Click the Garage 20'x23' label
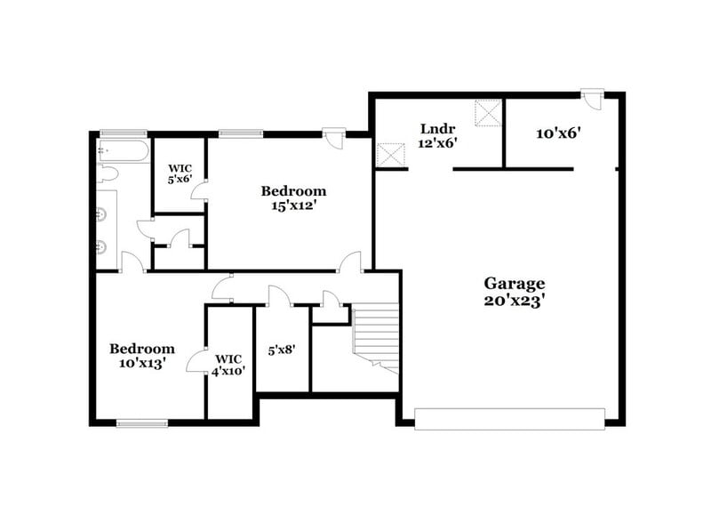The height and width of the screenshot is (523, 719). point(514,292)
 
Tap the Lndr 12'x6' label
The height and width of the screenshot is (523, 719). point(438,135)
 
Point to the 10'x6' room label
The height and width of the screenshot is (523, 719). point(558,133)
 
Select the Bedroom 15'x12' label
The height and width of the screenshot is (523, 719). point(292,197)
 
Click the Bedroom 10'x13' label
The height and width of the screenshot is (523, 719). point(141,356)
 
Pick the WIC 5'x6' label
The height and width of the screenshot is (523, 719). point(180,172)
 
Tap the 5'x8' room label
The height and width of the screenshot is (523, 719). point(282,350)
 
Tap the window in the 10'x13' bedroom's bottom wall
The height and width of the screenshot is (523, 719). point(142,422)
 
